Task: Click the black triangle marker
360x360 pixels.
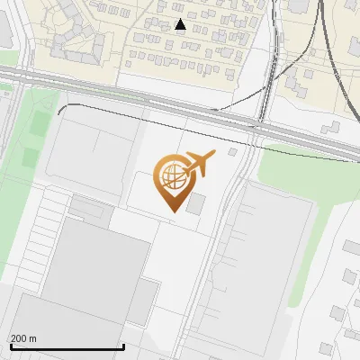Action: pyautogui.click(x=180, y=24)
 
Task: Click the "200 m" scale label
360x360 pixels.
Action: pyautogui.click(x=23, y=338)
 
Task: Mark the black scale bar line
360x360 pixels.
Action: pyautogui.click(x=67, y=346)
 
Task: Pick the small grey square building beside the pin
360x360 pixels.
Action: pyautogui.click(x=196, y=203)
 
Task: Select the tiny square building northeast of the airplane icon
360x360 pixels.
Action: pyautogui.click(x=233, y=152)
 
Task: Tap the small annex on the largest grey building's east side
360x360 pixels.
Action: pyautogui.click(x=142, y=302)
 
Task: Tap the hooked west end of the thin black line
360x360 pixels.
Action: pyautogui.click(x=59, y=110)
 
